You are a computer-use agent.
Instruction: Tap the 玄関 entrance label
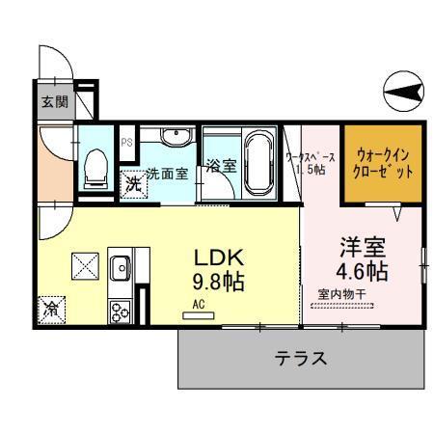pos(55,102)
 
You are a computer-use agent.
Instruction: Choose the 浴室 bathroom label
pos(221,165)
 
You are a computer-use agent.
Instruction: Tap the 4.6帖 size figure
pos(363,271)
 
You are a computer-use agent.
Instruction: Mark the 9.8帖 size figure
pos(219,284)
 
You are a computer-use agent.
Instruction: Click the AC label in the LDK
pos(200,303)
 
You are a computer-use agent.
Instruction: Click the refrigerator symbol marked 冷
pos(51,310)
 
